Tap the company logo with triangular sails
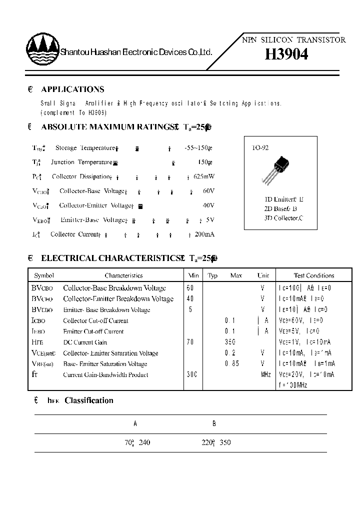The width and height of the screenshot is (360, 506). [x=42, y=50]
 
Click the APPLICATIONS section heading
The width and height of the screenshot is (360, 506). [x=72, y=89]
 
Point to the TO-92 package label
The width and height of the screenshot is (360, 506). [x=259, y=148]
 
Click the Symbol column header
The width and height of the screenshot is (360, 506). [x=44, y=275]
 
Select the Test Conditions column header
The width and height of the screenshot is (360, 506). [x=314, y=275]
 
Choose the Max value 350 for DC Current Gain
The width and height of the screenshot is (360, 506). [x=229, y=342]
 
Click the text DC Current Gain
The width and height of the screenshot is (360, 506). [x=84, y=342]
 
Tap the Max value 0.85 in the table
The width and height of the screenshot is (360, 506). [x=230, y=364]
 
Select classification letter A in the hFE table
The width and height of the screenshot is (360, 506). [x=135, y=423]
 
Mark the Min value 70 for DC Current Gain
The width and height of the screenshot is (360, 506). [x=190, y=342]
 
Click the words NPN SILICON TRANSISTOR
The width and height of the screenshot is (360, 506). [x=293, y=40]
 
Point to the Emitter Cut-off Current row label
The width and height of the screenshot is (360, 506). [x=93, y=331]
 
